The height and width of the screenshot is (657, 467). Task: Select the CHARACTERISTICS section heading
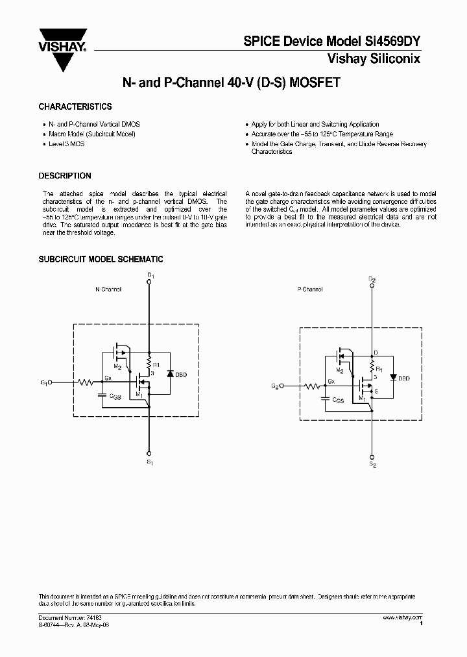[x=75, y=106]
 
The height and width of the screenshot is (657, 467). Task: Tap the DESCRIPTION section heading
[x=65, y=176]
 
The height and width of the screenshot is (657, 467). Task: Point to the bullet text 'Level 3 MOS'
[x=66, y=143]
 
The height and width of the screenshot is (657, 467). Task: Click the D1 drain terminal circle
[x=150, y=283]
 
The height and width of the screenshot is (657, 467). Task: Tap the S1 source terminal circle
[x=150, y=453]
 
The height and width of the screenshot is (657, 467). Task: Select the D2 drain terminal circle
[x=372, y=286]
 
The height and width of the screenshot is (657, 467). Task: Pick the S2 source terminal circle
[x=372, y=456]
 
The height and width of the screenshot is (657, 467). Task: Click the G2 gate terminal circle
[x=280, y=386]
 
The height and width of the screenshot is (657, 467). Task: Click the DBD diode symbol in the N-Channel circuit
[x=169, y=374]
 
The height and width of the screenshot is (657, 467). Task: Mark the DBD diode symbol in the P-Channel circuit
[x=393, y=378]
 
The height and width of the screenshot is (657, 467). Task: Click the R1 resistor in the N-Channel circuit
[x=150, y=361]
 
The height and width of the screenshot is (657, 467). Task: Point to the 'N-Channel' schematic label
[x=108, y=289]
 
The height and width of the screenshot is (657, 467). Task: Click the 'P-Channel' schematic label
[x=310, y=290]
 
